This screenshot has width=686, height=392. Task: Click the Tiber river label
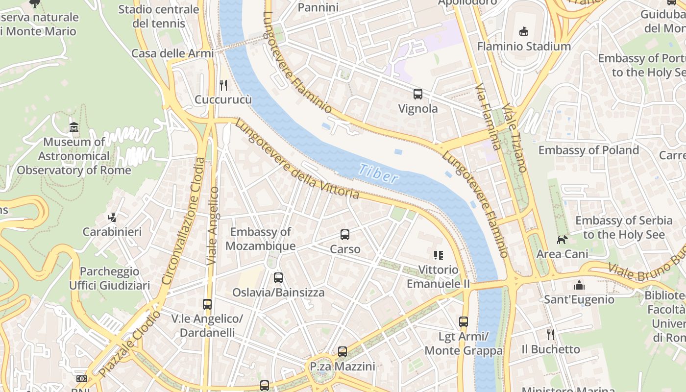[x=378, y=173]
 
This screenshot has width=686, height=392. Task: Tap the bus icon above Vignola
[x=418, y=94]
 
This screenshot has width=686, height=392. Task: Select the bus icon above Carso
[x=345, y=235]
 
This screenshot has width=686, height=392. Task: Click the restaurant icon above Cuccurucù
[x=223, y=85]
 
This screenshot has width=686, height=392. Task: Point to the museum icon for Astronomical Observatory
[x=74, y=127]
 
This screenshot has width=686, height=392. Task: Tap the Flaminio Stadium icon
[x=524, y=32]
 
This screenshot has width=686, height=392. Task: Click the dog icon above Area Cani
[x=562, y=240]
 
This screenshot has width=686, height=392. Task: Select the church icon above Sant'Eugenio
[x=579, y=285]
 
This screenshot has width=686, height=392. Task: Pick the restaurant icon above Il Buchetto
[x=551, y=335]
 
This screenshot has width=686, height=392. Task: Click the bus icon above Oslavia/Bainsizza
[x=278, y=278]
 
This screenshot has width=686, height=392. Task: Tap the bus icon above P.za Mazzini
[x=343, y=352]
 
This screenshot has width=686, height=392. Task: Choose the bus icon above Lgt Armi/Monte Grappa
[x=464, y=322]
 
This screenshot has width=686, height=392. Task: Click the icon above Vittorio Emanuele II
[x=438, y=255]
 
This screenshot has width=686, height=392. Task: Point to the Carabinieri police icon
[x=112, y=217]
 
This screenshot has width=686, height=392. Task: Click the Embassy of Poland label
[x=588, y=150]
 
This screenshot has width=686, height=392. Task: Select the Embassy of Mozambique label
[x=261, y=239]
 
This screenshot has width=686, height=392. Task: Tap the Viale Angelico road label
[x=213, y=225]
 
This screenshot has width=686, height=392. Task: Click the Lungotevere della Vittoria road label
[x=297, y=160]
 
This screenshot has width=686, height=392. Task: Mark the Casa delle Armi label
[x=172, y=53]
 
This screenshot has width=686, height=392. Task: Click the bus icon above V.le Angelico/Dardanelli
[x=207, y=304]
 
